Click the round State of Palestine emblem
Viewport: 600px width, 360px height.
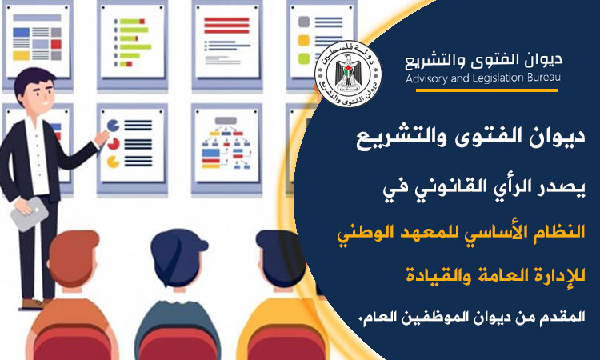pos(348,74)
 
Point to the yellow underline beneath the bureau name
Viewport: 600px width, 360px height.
pos(486,90)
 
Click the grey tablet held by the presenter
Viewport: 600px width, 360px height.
pos(29,214)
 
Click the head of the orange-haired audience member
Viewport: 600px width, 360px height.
pos(73,256)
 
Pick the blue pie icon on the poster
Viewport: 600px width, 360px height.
pos(113,125)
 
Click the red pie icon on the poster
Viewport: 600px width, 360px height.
pos(114,144)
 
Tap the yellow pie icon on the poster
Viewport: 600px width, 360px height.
pos(113,162)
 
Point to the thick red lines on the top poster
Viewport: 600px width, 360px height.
pos(226,26)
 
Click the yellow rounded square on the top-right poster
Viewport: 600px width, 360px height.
pos(304,40)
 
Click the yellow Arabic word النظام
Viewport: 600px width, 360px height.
pos(564,231)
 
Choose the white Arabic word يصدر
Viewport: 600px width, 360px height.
pos(564,187)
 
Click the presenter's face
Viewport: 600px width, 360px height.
pos(38,96)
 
